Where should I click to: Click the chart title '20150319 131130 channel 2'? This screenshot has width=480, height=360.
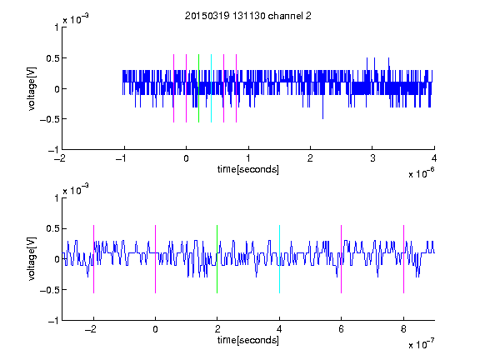248,16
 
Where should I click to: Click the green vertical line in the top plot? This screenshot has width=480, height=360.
198,88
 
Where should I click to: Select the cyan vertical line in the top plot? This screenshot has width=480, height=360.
211,88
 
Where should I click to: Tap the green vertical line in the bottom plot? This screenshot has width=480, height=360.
217,259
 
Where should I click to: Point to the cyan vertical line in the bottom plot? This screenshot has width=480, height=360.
279,259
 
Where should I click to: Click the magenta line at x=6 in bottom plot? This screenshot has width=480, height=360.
342,259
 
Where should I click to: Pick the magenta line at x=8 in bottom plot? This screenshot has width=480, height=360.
404,259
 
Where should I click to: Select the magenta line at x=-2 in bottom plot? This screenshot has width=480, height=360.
93,259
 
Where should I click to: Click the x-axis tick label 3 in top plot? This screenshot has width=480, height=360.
372,158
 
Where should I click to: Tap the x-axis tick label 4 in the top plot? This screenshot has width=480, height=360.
434,158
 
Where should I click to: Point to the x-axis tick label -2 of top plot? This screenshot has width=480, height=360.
60,158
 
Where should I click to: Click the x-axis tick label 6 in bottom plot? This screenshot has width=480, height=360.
342,329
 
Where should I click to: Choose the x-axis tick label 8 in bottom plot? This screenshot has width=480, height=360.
404,329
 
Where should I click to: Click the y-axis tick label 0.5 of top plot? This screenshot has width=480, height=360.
52,58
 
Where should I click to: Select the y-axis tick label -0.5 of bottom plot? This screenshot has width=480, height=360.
49,290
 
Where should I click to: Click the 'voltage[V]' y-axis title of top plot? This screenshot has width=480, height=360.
32,89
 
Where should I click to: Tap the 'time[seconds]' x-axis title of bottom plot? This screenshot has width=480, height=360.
248,340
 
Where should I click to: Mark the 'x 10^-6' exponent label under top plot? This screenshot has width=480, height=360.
422,172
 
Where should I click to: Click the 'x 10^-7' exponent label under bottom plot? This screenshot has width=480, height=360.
422,343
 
